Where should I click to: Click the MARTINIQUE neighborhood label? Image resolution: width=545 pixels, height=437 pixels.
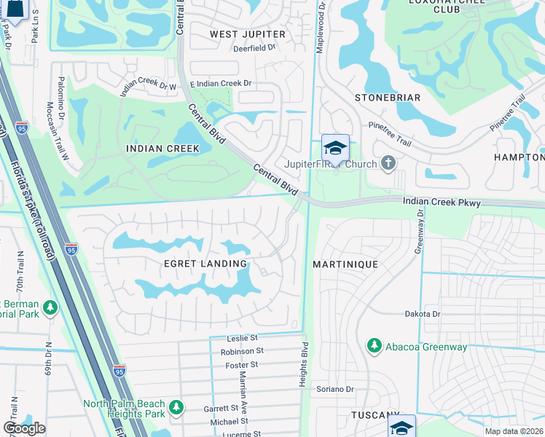click(345, 264)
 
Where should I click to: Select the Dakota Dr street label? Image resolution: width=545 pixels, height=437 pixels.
click(423, 314)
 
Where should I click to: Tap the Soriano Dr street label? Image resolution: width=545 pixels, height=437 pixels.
click(334, 390)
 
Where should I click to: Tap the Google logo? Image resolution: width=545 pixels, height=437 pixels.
click(24, 428)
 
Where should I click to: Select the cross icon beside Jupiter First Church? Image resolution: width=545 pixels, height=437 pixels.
click(389, 163)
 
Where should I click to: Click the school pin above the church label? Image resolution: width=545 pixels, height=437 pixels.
click(335, 148)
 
